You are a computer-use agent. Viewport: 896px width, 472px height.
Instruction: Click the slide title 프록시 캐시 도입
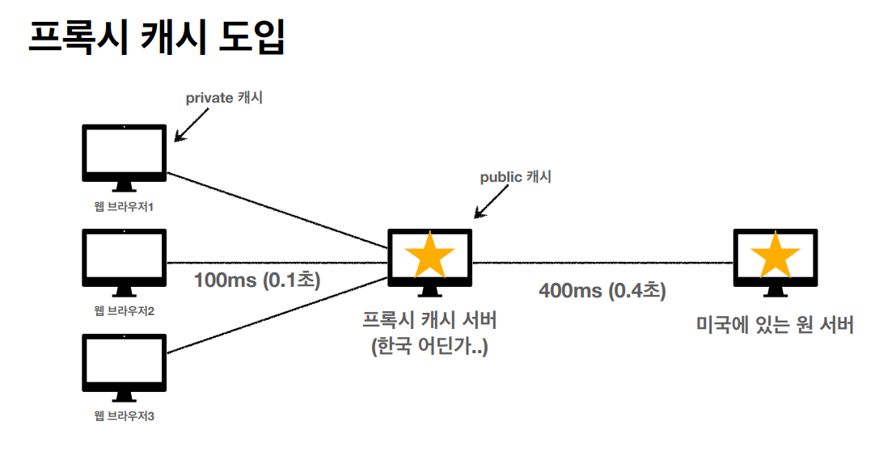tap(157, 38)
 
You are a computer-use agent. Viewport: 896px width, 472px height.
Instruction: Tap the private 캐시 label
tap(224, 99)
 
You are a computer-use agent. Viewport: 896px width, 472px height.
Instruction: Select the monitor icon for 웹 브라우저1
tap(125, 152)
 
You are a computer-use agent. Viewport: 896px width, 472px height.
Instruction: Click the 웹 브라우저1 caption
tap(124, 208)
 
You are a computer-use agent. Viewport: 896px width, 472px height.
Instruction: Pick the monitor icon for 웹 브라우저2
tap(125, 257)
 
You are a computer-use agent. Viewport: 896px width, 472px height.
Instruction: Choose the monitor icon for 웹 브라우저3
tap(125, 361)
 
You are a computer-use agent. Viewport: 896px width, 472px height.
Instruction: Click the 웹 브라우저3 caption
tap(124, 417)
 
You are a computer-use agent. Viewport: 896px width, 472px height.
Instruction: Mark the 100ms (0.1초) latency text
tap(257, 280)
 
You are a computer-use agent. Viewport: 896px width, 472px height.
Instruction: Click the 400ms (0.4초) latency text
tap(602, 291)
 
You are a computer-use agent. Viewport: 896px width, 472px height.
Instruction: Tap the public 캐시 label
tap(515, 177)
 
